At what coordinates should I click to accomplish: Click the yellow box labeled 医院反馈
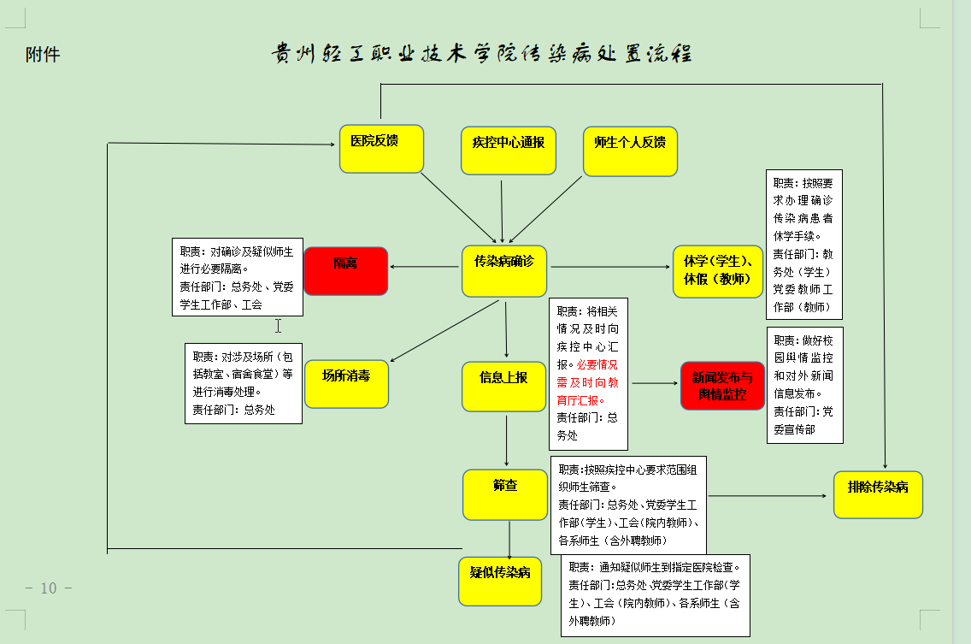click(381, 149)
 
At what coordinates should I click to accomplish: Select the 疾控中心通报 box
click(509, 151)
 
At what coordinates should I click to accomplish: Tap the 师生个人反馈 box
click(631, 151)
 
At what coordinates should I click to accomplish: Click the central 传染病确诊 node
click(504, 271)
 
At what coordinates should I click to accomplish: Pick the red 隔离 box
click(345, 271)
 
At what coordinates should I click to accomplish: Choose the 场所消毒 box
click(346, 384)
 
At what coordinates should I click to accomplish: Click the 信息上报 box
click(503, 387)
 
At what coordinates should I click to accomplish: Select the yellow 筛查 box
click(504, 494)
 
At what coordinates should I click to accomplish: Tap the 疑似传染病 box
click(500, 581)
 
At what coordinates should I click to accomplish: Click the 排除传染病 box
click(878, 494)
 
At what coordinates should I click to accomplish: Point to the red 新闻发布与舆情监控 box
click(722, 386)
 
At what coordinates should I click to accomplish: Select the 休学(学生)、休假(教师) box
click(718, 271)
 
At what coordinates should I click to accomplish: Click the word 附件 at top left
click(43, 55)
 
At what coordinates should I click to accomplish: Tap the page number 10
click(49, 588)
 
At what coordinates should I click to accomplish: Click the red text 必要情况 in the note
click(597, 364)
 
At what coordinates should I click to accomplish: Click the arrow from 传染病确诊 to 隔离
click(424, 267)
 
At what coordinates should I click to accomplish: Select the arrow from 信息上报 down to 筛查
click(507, 440)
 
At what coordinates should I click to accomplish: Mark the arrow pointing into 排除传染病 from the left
click(768, 496)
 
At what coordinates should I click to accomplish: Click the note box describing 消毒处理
click(244, 384)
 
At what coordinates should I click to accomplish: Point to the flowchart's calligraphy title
click(482, 54)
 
